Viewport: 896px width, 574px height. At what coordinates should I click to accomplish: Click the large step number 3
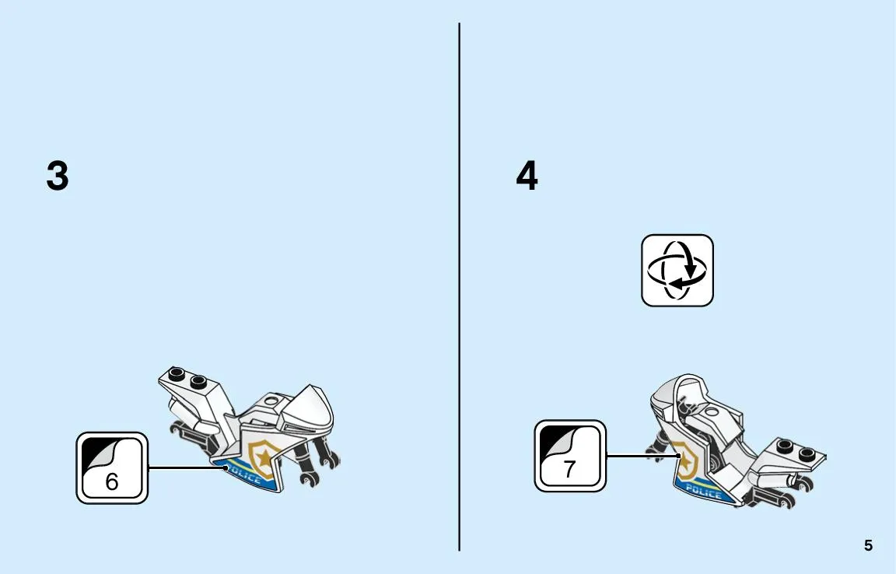click(58, 176)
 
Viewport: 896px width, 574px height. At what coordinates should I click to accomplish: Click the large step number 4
click(527, 176)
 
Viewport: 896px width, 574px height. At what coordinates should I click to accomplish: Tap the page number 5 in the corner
click(868, 545)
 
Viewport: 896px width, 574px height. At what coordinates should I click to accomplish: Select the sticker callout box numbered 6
click(112, 468)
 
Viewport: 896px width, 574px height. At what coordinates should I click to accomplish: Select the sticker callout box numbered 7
click(569, 456)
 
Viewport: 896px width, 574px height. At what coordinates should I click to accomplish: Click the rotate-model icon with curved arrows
click(677, 270)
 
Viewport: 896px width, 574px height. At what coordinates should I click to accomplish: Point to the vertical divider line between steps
click(459, 287)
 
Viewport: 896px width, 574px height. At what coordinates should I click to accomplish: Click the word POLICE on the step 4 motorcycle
click(703, 491)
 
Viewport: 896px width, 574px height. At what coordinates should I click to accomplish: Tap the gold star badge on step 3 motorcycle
click(264, 457)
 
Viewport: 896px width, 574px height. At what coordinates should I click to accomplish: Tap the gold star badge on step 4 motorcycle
click(685, 459)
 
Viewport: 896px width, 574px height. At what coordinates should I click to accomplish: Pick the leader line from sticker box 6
click(187, 467)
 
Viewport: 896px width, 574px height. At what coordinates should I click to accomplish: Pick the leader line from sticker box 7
click(642, 456)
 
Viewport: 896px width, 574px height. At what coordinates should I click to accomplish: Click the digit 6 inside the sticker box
click(111, 481)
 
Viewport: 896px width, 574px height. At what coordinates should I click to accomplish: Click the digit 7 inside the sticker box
click(569, 469)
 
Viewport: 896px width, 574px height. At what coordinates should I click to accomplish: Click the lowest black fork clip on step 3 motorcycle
click(309, 479)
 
